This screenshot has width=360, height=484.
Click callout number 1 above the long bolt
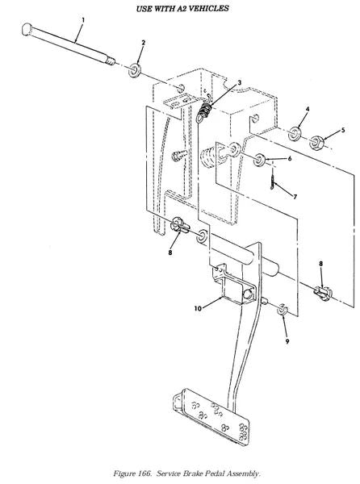pyautogui.click(x=83, y=20)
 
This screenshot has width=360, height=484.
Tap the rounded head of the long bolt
pyautogui.click(x=27, y=29)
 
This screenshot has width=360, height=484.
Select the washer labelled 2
pyautogui.click(x=135, y=70)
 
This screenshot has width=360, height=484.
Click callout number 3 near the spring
pyautogui.click(x=239, y=83)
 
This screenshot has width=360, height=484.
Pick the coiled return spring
pyautogui.click(x=205, y=111)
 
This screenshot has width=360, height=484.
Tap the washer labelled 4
pyautogui.click(x=295, y=133)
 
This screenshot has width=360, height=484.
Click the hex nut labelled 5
pyautogui.click(x=316, y=142)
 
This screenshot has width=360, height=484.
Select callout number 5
pyautogui.click(x=342, y=130)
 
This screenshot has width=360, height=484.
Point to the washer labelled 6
pyautogui.click(x=259, y=160)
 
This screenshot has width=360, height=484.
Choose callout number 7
pyautogui.click(x=295, y=197)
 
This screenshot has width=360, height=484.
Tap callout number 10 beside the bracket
pyautogui.click(x=198, y=308)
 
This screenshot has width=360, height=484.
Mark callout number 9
pyautogui.click(x=287, y=341)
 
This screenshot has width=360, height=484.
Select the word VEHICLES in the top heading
pyautogui.click(x=208, y=8)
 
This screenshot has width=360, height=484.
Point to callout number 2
pyautogui.click(x=143, y=43)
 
